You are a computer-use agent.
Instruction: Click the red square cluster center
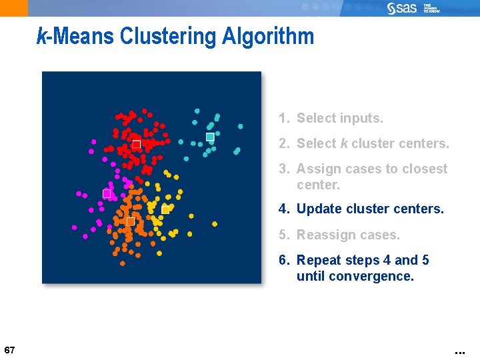pos(136,144)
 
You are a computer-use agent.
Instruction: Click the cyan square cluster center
pos(210,137)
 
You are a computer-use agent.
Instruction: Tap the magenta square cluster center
pos(107,193)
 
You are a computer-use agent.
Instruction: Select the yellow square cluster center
pos(165,210)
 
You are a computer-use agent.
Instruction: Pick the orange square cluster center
pos(130,221)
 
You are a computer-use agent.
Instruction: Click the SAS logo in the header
pos(402,8)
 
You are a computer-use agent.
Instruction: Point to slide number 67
pos(9,350)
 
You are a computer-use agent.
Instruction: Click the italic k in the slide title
pos(41,36)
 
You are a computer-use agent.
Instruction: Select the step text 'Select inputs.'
pos(339,119)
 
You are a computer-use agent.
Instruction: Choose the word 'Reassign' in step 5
pos(325,235)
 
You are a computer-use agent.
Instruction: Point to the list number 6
pos(283,260)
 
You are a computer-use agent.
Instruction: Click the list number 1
pos(283,119)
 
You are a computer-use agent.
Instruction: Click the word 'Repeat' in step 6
pos(319,260)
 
